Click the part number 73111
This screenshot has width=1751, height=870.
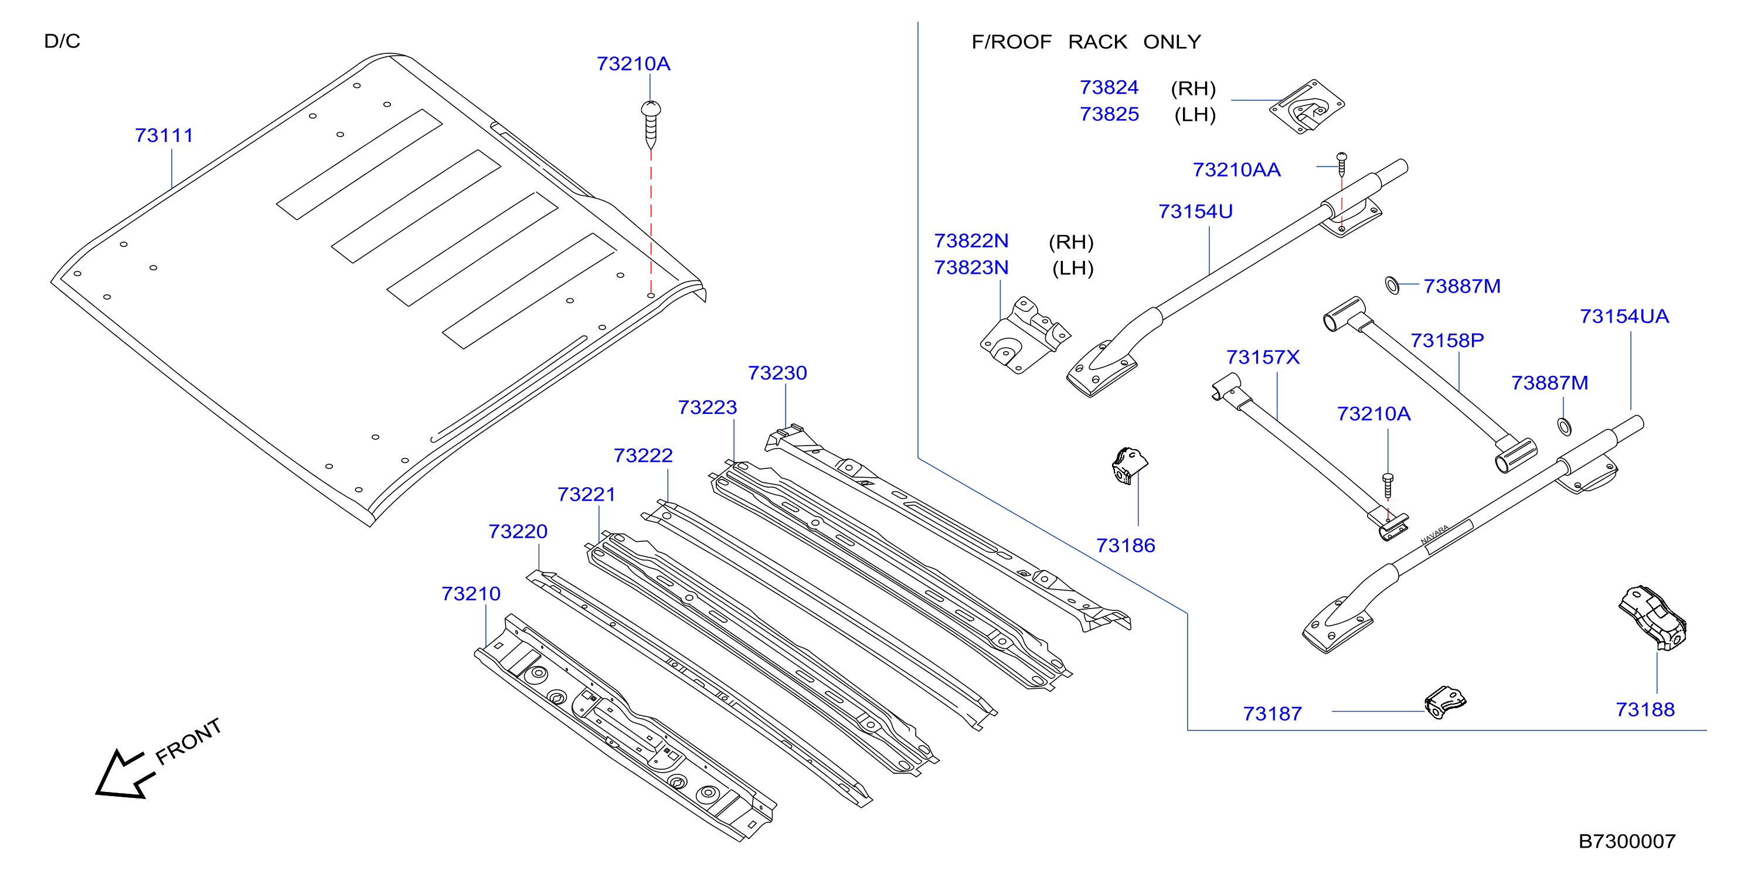pos(164,135)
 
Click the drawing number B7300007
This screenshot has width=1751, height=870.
pos(1627,841)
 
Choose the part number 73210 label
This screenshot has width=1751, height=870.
pos(471,593)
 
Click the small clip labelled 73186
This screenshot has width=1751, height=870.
pos(1129,465)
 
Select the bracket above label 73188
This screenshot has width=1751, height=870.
pos(1653,618)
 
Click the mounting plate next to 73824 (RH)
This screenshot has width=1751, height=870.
pos(1307,107)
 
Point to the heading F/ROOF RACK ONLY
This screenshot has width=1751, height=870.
pos(1086,42)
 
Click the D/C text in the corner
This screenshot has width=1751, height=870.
pos(62,41)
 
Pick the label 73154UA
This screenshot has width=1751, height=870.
pos(1624,316)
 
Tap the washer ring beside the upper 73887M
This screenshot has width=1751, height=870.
pos(1392,286)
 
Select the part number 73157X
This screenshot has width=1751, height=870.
pos(1263,357)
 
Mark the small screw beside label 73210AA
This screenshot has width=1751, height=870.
pos(1342,165)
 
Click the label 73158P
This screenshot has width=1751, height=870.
pos(1447,340)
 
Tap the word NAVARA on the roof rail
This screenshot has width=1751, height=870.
pos(1435,535)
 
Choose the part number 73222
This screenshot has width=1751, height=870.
pos(643,456)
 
